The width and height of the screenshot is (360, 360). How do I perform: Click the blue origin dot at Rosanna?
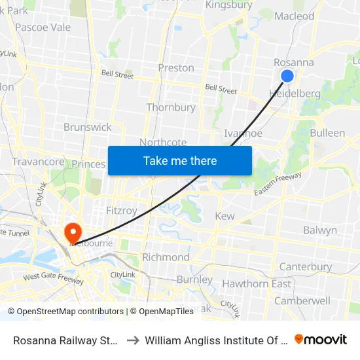click(287, 77)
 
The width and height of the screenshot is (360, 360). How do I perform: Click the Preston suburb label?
click(176, 67)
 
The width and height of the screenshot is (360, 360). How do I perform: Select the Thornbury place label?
click(171, 107)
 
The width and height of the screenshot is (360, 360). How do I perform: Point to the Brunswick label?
click(87, 127)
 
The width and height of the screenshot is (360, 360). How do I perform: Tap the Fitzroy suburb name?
click(122, 211)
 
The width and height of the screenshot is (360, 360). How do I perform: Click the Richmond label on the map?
click(166, 257)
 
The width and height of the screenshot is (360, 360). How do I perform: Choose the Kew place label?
click(225, 216)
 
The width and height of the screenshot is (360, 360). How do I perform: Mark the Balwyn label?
click(320, 230)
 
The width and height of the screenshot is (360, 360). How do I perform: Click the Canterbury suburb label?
click(305, 267)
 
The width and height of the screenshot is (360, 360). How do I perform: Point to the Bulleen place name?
click(327, 133)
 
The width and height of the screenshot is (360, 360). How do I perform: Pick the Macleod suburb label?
click(295, 16)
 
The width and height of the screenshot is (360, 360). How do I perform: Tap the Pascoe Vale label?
click(43, 27)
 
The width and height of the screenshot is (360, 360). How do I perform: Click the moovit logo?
click(321, 339)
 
